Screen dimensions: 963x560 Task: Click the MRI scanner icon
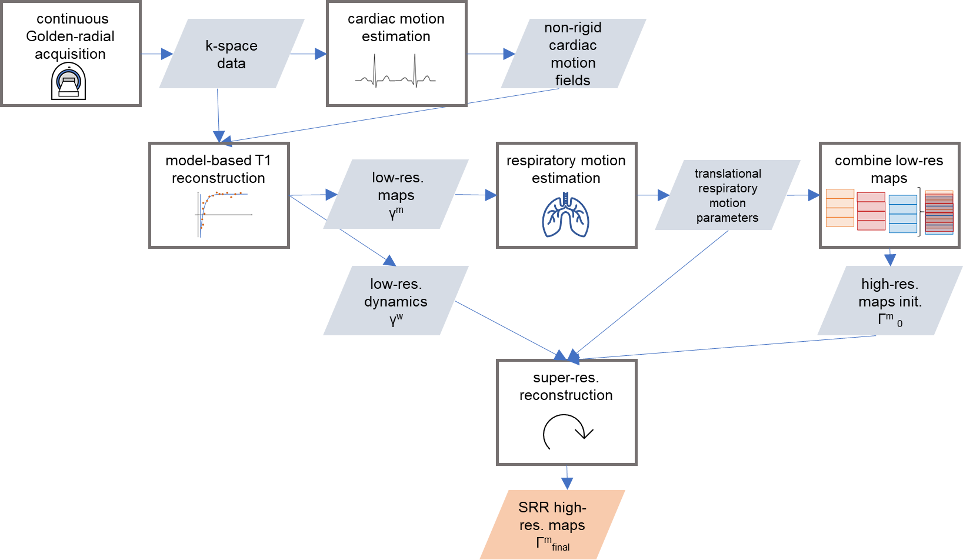point(68,81)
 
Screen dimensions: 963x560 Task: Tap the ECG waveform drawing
point(395,71)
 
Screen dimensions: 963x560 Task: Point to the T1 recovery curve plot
point(223,214)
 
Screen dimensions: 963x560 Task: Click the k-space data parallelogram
point(232,54)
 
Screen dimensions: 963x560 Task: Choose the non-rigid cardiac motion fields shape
point(574,54)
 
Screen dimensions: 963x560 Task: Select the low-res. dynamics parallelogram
point(396,301)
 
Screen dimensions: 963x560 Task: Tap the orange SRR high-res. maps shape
point(552,524)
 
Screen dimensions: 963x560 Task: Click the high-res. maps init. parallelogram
point(890,301)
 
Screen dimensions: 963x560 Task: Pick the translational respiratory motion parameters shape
point(728,195)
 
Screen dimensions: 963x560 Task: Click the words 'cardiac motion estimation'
point(396,28)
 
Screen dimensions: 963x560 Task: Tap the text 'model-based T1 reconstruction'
point(218,169)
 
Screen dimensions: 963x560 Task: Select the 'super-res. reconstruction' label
point(566,386)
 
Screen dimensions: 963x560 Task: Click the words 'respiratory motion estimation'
point(566,169)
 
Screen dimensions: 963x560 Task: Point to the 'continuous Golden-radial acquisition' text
point(71,36)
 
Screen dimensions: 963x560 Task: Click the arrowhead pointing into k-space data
point(167,54)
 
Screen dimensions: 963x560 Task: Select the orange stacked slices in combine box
point(839,208)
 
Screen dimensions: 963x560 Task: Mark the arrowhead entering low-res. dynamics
point(389,261)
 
